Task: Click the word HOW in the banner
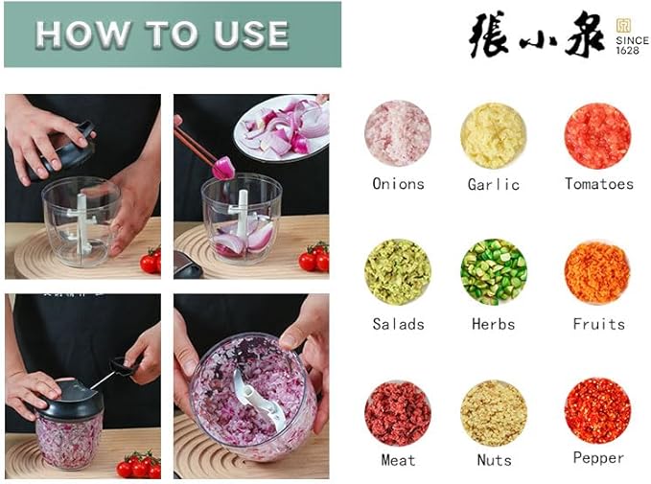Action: click(81, 35)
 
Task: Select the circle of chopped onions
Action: click(397, 134)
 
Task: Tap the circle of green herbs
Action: click(493, 272)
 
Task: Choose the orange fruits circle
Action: click(597, 272)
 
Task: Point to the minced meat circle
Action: click(397, 413)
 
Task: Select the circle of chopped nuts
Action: click(493, 413)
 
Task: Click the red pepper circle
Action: click(597, 411)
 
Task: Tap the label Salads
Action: click(398, 324)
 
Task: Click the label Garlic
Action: click(493, 184)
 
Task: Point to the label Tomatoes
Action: click(598, 184)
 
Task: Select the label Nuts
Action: click(494, 460)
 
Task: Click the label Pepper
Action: click(598, 458)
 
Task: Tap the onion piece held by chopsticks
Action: click(222, 168)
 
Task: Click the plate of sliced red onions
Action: click(284, 127)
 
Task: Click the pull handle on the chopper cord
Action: click(124, 365)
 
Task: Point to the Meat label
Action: click(398, 460)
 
